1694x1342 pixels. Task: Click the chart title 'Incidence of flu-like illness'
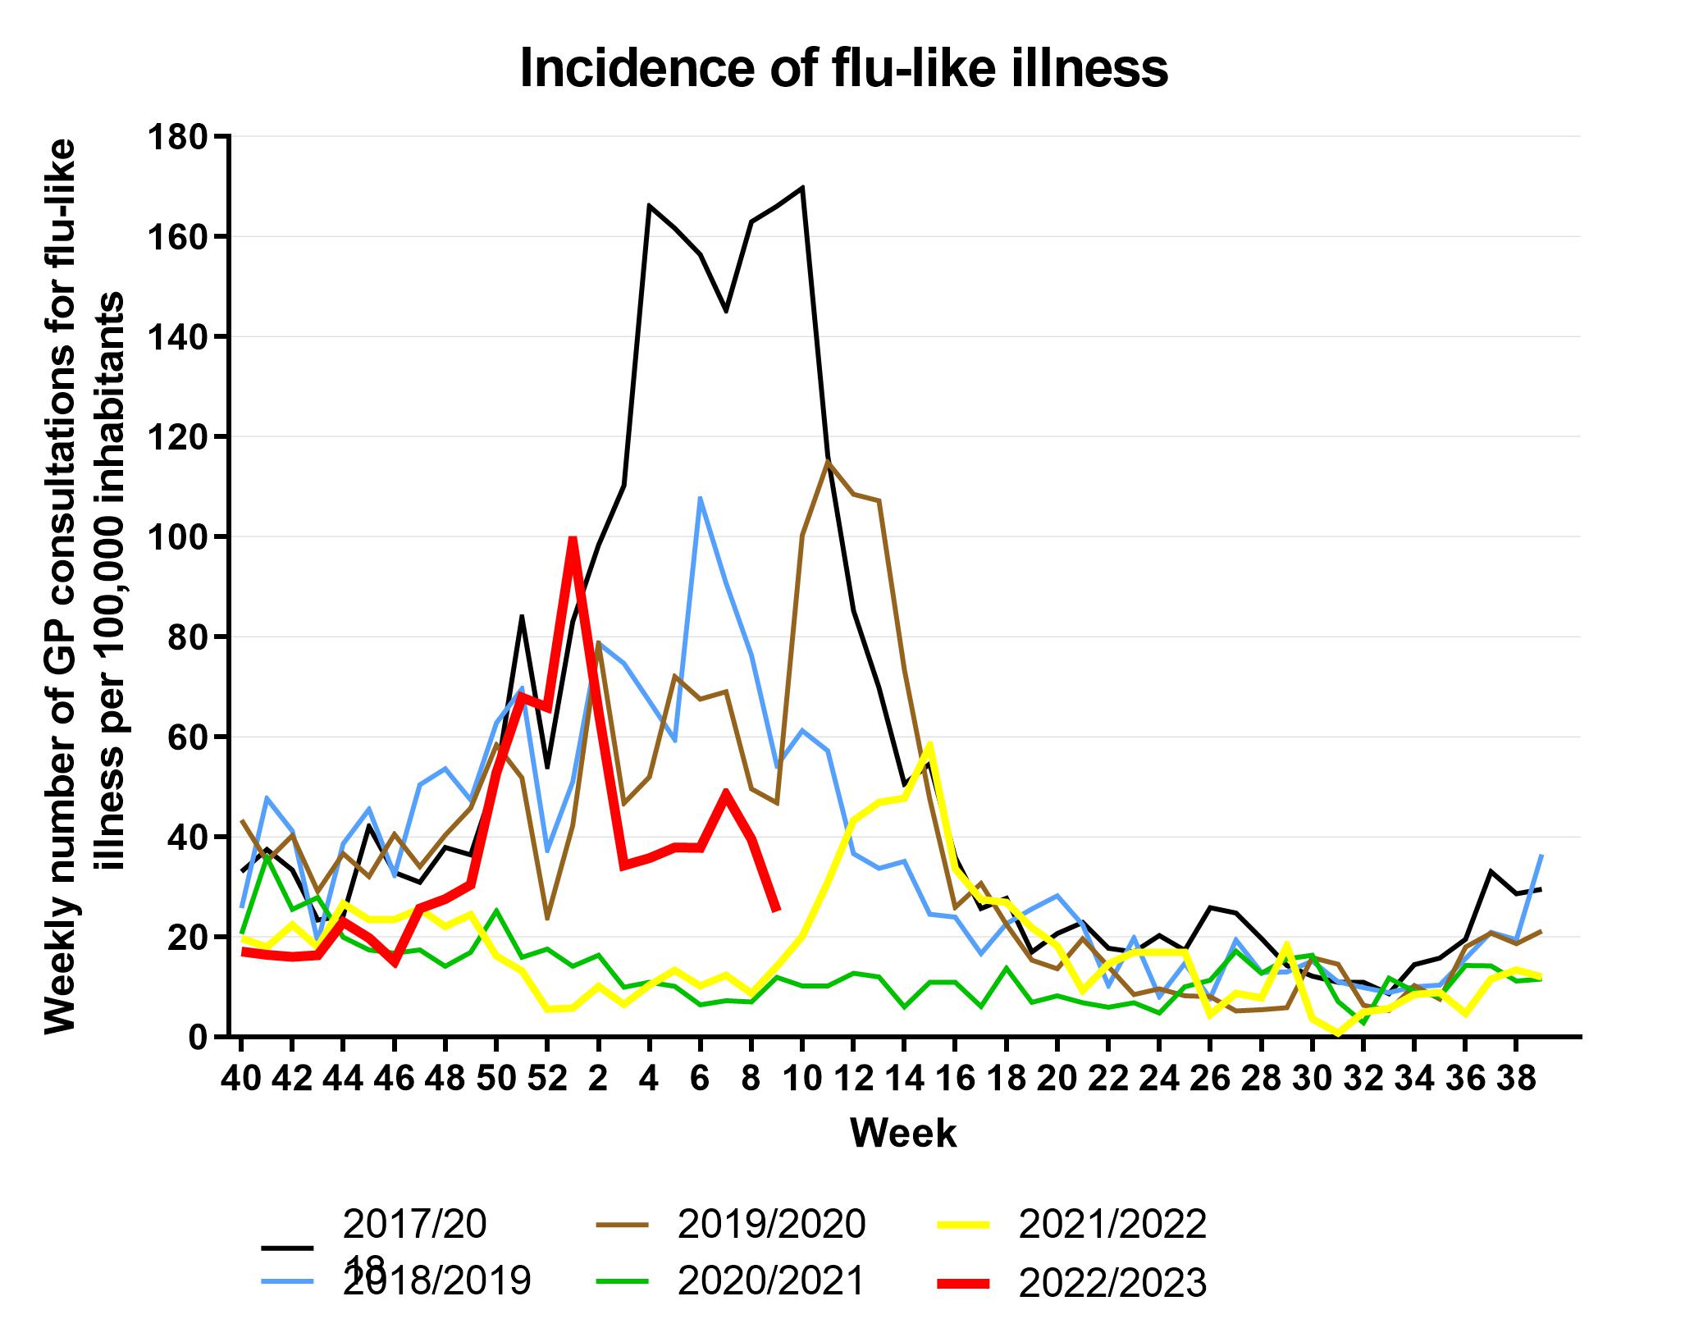pos(843,69)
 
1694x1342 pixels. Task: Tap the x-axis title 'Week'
pos(903,1133)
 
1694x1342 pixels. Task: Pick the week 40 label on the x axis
pos(241,1079)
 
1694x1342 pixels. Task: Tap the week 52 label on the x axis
pos(547,1079)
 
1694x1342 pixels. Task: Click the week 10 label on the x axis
pos(801,1079)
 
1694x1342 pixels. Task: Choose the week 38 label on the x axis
pos(1516,1079)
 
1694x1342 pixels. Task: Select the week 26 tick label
pos(1210,1079)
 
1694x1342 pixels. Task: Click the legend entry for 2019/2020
pos(771,1224)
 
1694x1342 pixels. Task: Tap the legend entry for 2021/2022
pos(1112,1224)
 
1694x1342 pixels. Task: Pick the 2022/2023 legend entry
pos(1112,1283)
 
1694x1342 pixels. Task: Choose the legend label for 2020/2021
pos(771,1280)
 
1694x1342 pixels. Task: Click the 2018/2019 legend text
pos(436,1280)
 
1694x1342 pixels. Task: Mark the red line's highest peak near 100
pos(573,539)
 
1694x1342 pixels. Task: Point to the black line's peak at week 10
pos(801,187)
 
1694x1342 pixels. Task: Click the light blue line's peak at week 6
pos(700,497)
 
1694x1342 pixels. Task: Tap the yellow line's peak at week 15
pos(929,744)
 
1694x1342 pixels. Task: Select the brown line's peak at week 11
pos(827,461)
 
